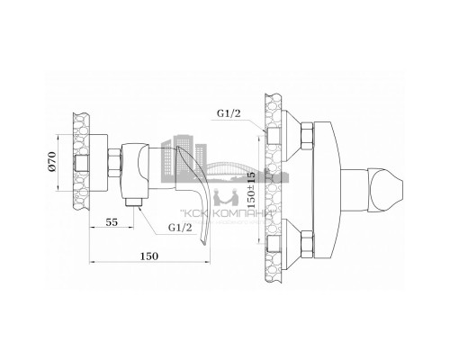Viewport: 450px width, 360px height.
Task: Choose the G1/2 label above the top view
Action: [229, 115]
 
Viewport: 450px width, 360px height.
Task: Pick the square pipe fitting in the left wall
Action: [83, 165]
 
